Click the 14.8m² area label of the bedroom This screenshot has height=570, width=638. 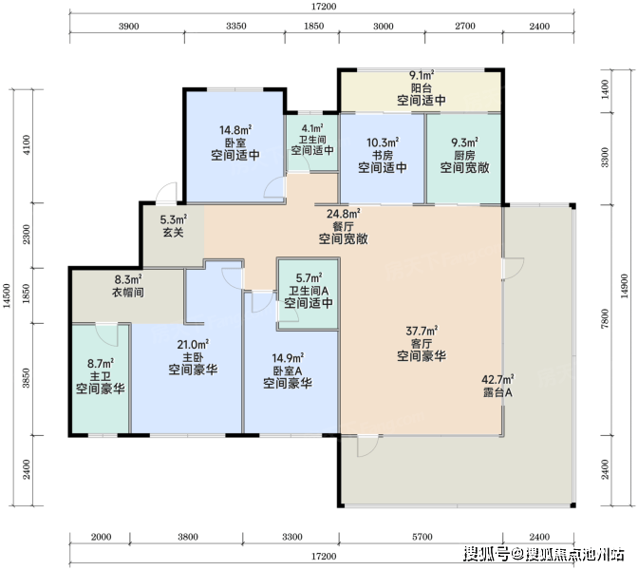pos(235,130)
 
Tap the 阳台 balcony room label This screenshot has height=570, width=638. pos(422,88)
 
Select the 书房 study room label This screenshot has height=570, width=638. pos(382,155)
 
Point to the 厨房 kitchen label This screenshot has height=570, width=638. pos(464,155)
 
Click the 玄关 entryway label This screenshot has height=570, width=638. pos(174,233)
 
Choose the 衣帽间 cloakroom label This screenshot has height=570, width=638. pos(128,292)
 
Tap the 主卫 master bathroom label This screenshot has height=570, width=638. pos(100,376)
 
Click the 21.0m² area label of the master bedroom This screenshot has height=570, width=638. pos(193,345)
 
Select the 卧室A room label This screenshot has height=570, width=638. pos(288,370)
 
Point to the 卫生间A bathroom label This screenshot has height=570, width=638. pos(309,291)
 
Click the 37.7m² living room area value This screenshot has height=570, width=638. pos(422,331)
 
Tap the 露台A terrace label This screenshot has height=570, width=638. pos(497,393)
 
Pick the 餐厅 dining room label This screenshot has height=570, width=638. pos(343,226)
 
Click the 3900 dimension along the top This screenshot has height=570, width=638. pos(128,27)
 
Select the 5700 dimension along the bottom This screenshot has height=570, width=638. pos(422,537)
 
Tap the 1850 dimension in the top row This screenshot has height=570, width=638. pos(313,27)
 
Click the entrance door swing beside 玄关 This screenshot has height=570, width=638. pos(166,193)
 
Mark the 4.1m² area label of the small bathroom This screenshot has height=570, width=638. pos(312,128)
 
